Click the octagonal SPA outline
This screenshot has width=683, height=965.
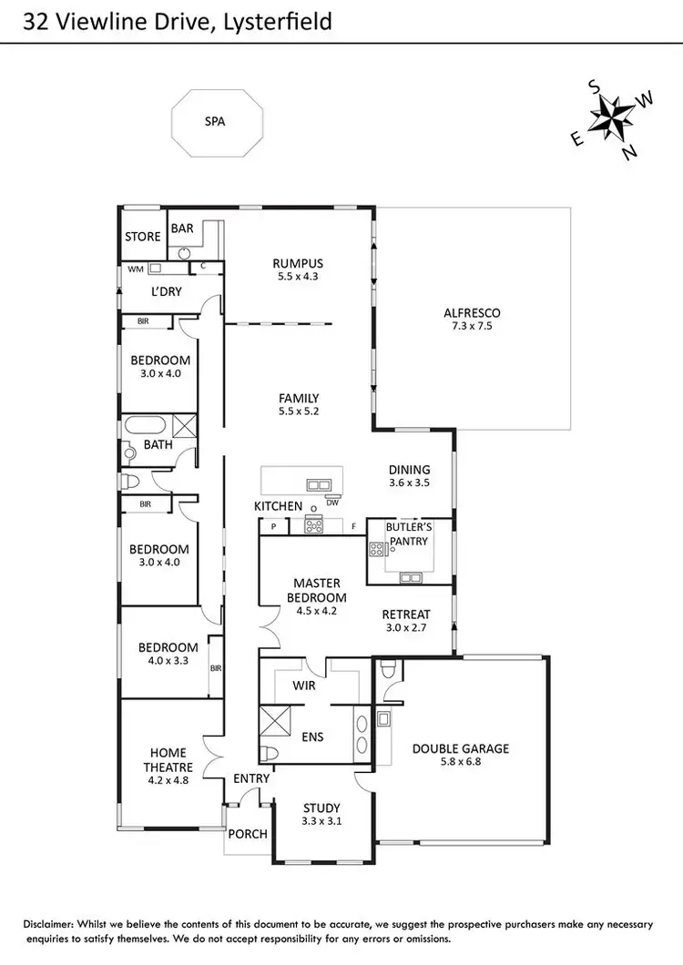(218, 120)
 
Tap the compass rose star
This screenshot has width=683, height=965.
(611, 117)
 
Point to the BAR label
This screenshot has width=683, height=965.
(182, 229)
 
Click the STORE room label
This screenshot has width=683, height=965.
(143, 237)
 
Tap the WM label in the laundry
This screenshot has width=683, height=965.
(136, 269)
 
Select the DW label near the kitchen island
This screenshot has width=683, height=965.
(332, 502)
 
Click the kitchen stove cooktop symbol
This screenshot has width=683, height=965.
(313, 524)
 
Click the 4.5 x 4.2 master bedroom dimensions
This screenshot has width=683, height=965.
(317, 612)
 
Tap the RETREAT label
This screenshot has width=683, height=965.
(405, 614)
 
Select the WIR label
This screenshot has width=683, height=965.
(303, 685)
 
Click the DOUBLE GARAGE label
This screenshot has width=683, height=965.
(460, 748)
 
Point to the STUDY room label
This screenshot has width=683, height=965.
(321, 808)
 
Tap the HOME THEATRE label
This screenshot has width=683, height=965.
(168, 759)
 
